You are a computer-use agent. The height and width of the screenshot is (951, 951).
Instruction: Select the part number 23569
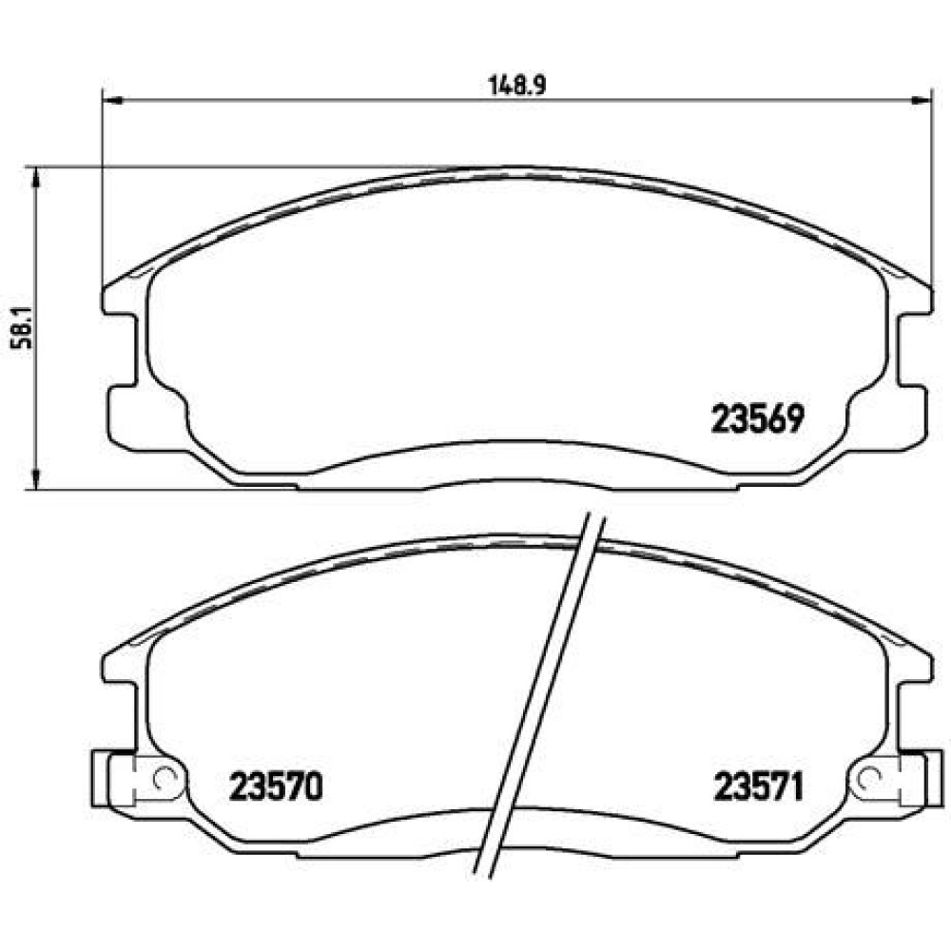click(x=758, y=419)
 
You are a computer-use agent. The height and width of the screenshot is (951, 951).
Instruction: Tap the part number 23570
click(x=276, y=786)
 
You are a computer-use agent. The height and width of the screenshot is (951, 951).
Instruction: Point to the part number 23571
click(x=759, y=786)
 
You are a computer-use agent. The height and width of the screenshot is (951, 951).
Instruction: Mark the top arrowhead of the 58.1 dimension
click(x=36, y=178)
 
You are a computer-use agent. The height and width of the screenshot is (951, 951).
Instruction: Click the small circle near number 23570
click(x=165, y=776)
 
